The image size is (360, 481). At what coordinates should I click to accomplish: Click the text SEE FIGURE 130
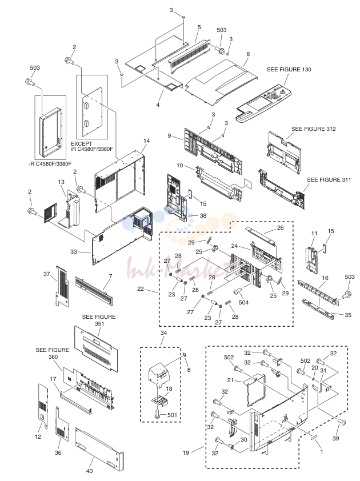pyautogui.click(x=289, y=70)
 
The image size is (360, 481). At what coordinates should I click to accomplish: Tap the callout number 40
pyautogui.click(x=89, y=471)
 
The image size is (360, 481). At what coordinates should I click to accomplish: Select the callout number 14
pyautogui.click(x=146, y=141)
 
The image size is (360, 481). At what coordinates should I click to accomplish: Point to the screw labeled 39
pyautogui.click(x=342, y=422)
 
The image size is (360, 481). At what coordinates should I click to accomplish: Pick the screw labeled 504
pyautogui.click(x=238, y=291)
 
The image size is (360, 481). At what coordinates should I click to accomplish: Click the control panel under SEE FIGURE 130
pyautogui.click(x=263, y=103)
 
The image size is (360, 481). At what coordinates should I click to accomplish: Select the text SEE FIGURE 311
pyautogui.click(x=329, y=180)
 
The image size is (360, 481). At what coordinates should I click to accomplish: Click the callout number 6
pyautogui.click(x=248, y=54)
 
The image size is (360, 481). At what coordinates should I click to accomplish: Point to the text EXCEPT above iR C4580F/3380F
pyautogui.click(x=81, y=143)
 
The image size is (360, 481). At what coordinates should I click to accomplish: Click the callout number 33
pyautogui.click(x=74, y=252)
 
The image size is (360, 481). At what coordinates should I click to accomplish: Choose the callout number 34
pyautogui.click(x=163, y=333)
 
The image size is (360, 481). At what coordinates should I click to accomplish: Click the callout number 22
pyautogui.click(x=140, y=288)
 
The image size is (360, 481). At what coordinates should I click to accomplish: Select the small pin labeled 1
pyautogui.click(x=315, y=438)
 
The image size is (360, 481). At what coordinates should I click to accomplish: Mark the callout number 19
pyautogui.click(x=186, y=452)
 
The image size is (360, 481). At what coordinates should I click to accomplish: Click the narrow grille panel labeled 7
pyautogui.click(x=94, y=291)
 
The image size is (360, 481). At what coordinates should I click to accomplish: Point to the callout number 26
pyautogui.click(x=280, y=227)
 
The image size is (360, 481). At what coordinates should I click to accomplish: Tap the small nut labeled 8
pyautogui.click(x=185, y=355)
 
